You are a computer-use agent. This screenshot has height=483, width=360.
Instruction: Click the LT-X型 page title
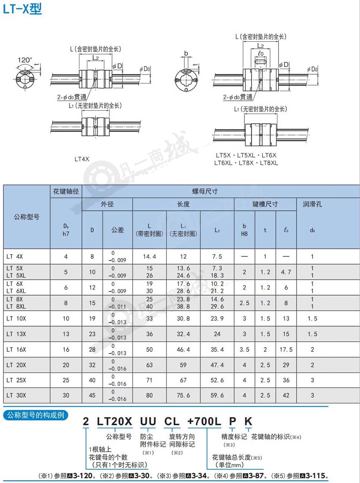click(x=22, y=9)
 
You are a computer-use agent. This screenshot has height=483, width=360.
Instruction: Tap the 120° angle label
click(x=25, y=60)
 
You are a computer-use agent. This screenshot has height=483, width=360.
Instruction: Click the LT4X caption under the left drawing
click(x=82, y=159)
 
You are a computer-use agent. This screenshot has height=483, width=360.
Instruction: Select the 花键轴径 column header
click(x=66, y=191)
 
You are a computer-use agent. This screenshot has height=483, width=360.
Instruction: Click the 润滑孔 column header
click(x=312, y=204)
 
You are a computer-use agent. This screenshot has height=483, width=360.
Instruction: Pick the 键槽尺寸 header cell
click(x=265, y=204)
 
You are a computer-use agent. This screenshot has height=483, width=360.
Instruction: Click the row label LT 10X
click(x=16, y=319)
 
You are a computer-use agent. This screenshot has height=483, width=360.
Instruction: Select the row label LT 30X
click(x=16, y=395)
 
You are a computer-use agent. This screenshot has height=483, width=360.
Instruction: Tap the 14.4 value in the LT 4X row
click(x=149, y=256)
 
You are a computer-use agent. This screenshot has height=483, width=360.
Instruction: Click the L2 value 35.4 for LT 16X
click(x=217, y=350)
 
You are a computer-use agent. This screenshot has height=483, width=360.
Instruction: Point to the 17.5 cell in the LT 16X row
click(x=286, y=350)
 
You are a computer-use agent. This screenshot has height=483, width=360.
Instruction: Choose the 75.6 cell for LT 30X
click(x=183, y=395)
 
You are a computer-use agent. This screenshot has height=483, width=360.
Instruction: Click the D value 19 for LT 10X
click(x=92, y=319)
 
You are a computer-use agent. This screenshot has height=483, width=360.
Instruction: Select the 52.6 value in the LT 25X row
click(x=217, y=380)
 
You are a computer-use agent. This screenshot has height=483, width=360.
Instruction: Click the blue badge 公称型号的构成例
click(x=36, y=415)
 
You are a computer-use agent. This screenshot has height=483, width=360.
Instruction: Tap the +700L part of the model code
click(x=204, y=421)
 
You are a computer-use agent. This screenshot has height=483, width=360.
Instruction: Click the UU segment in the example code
click(x=148, y=421)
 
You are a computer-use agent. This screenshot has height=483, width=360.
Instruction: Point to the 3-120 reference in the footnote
click(x=83, y=475)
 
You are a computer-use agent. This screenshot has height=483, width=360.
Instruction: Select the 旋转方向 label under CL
click(x=182, y=437)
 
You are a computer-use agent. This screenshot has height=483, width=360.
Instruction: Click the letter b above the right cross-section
click(x=186, y=53)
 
